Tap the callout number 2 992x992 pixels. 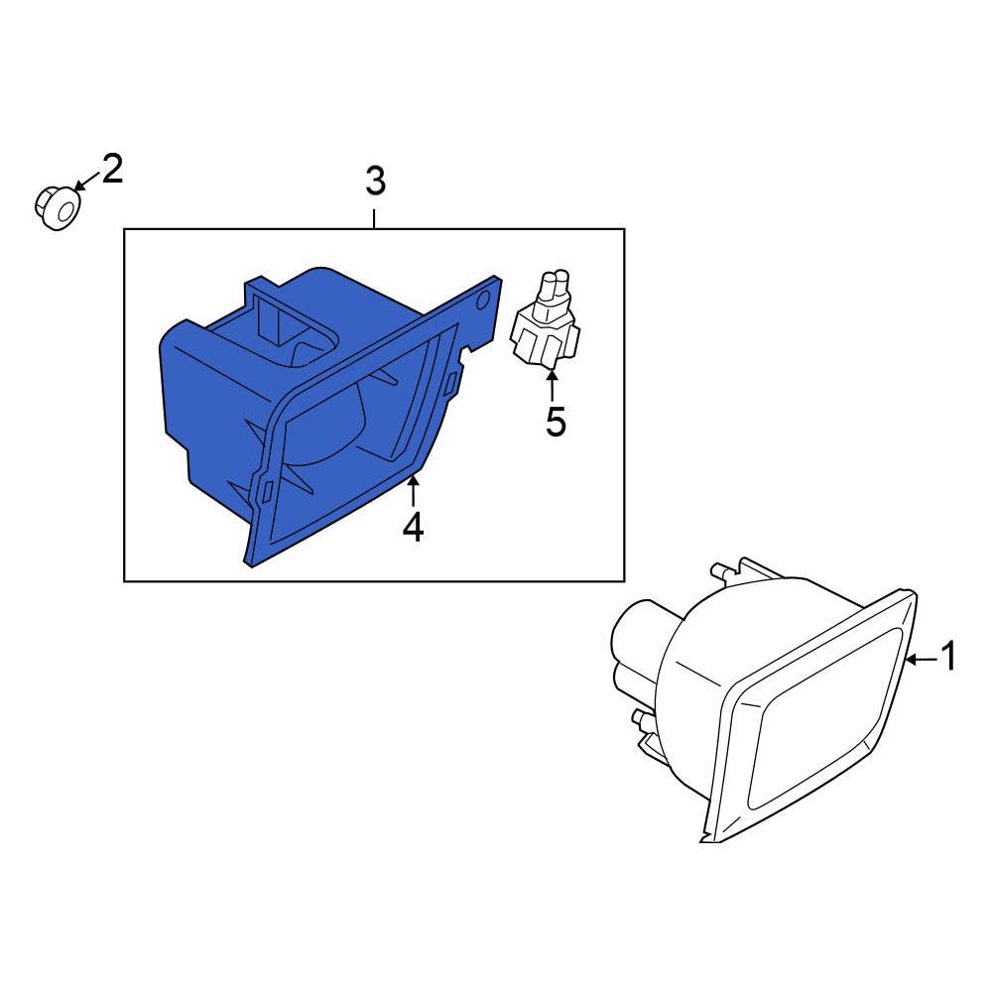pos(112,169)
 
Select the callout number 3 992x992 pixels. pos(375,181)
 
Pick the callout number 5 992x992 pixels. pos(556,422)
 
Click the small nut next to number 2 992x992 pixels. pos(57,207)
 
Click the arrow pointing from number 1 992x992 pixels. pos(922,660)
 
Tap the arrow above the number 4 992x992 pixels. pos(413,491)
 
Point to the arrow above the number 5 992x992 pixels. pos(553,386)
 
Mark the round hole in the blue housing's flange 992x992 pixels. pos(483,300)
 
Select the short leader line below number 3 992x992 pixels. pos(375,219)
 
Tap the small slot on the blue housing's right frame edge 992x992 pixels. pos(451,383)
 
